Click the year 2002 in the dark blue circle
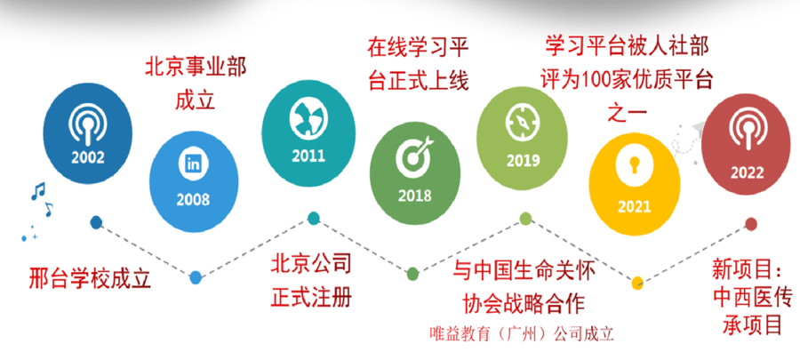(88, 157)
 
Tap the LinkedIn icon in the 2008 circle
(194, 164)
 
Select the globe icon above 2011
(308, 119)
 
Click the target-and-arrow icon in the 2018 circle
(414, 157)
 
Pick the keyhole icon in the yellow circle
(634, 166)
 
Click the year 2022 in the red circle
(747, 174)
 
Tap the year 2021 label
(634, 206)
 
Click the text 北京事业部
(196, 68)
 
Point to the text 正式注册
(311, 297)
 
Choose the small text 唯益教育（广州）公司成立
(521, 333)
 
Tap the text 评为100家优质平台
(626, 80)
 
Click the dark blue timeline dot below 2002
(96, 222)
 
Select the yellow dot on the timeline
(636, 284)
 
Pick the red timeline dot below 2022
(750, 223)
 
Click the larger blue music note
(37, 191)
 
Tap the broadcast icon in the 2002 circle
(87, 125)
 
